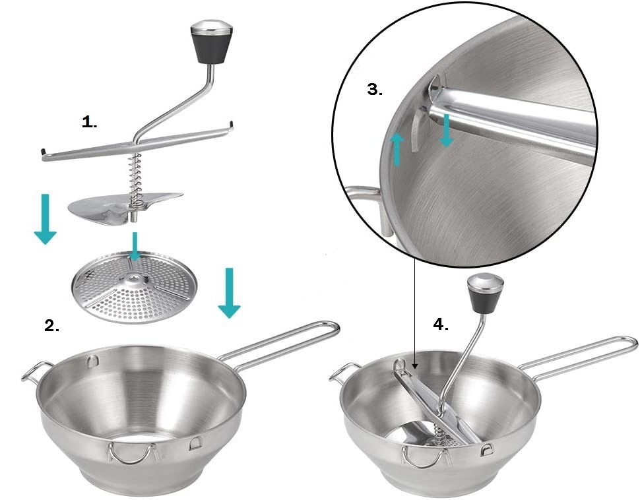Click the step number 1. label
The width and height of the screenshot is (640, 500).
pyautogui.click(x=89, y=122)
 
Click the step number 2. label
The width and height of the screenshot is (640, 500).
pyautogui.click(x=52, y=325)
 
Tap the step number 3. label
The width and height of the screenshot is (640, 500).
pyautogui.click(x=375, y=89)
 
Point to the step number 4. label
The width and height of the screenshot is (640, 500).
pyautogui.click(x=441, y=324)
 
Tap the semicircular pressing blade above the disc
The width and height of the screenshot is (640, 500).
pyautogui.click(x=123, y=207)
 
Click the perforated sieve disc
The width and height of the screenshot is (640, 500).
pyautogui.click(x=135, y=288)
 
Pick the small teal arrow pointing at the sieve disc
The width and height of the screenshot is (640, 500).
pyautogui.click(x=135, y=246)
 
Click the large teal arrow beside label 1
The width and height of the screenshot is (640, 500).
pyautogui.click(x=45, y=219)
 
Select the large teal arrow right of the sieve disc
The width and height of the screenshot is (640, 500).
pyautogui.click(x=229, y=292)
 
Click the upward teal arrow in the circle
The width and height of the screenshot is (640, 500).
pyautogui.click(x=397, y=149)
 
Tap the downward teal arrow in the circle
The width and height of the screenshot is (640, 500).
pyautogui.click(x=447, y=130)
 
